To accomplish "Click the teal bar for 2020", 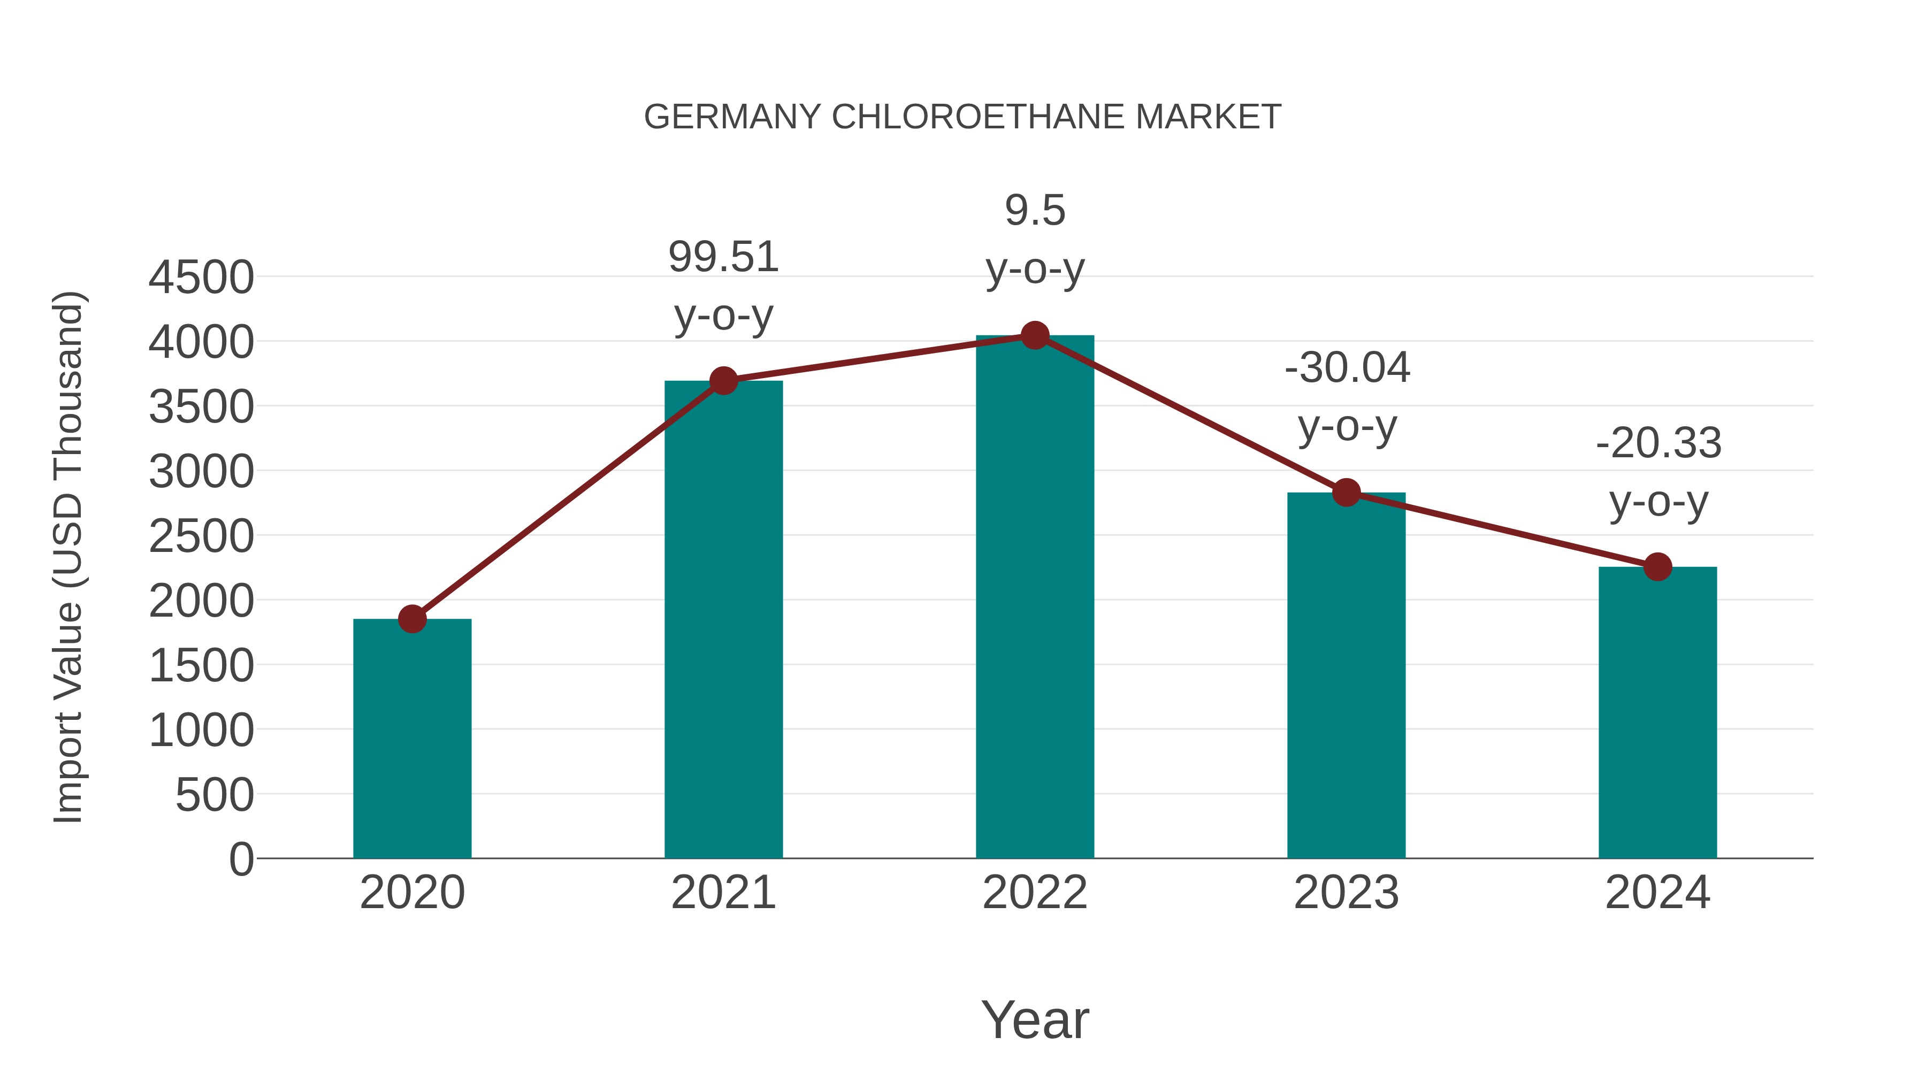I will (x=412, y=740).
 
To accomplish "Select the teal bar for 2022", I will (x=1035, y=598).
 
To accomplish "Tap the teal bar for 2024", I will (x=1657, y=714).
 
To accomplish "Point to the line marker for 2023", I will (x=1347, y=493).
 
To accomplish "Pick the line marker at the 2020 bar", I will (x=412, y=619).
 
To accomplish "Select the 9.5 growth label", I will (x=1035, y=211).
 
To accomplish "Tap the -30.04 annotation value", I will (x=1347, y=368).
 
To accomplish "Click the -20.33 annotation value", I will (x=1658, y=443).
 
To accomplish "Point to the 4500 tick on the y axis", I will (x=201, y=278).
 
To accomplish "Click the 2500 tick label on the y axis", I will (x=201, y=536).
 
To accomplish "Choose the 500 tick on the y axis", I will (x=215, y=795).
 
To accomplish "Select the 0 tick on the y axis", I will (x=241, y=859).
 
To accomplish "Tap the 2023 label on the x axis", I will (x=1347, y=893).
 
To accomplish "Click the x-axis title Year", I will (x=1035, y=1020).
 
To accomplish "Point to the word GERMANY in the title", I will (x=732, y=117).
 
